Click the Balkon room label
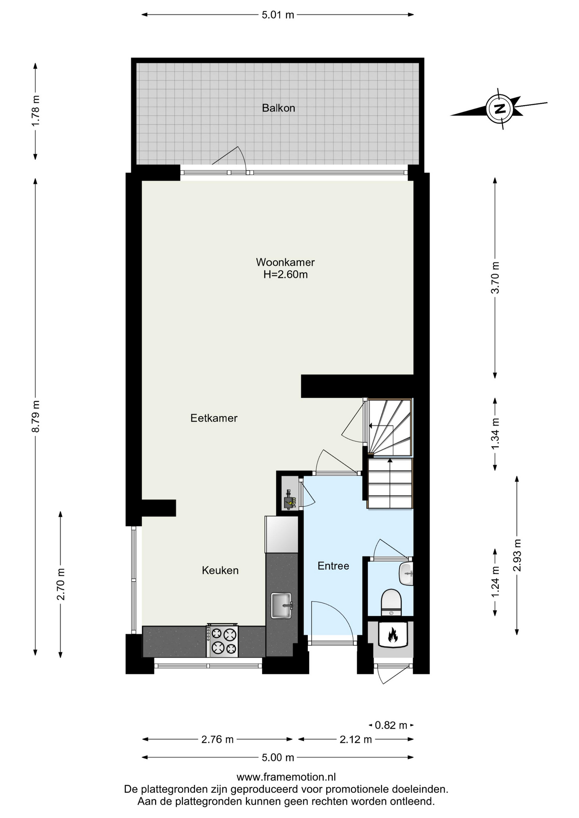278,108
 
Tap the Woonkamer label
285,262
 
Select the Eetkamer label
214,418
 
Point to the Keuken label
220,570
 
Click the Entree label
333,566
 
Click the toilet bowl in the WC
391,602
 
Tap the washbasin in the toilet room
406,573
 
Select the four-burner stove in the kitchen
222,641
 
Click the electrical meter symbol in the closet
290,500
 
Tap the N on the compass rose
500,108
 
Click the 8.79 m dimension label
36,416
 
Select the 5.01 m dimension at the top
278,15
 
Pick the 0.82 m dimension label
391,725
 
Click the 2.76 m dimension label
217,739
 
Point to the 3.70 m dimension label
495,278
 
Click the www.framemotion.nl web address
286,777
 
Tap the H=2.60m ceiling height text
285,274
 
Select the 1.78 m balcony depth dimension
36,110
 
